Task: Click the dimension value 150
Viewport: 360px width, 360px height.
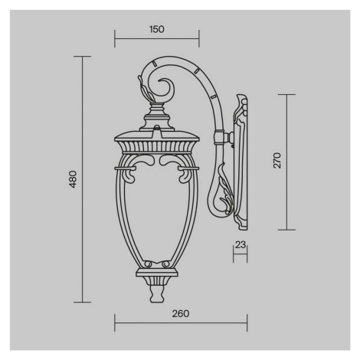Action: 156,29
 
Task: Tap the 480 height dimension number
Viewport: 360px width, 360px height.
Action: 73,179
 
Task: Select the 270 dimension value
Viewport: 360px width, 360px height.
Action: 277,160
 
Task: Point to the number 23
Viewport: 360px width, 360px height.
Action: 241,244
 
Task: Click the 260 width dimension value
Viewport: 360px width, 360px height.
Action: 181,313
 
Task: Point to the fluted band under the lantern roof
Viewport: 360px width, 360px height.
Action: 156,147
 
